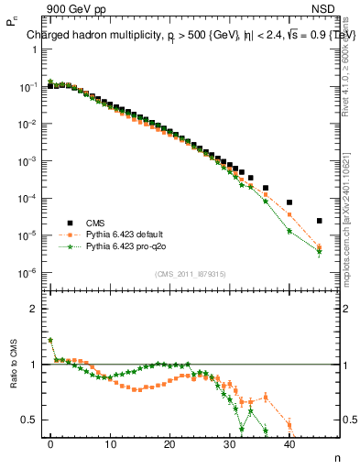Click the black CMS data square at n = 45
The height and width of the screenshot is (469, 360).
[x=319, y=221]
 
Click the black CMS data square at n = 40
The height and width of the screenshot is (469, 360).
[x=289, y=202]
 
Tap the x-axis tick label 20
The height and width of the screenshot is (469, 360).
[x=169, y=444]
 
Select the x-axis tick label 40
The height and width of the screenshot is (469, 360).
[x=289, y=444]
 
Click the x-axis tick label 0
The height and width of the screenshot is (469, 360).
[x=50, y=444]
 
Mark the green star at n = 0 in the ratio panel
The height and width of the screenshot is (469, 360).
[x=50, y=340]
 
